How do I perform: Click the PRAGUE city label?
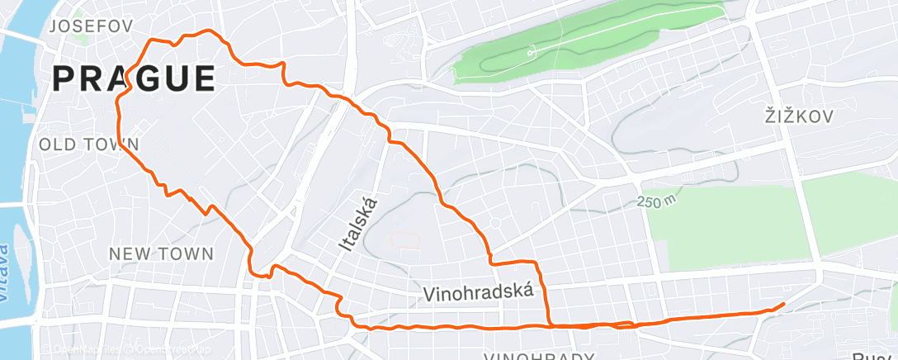click(x=134, y=78)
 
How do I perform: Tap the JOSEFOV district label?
click(x=92, y=26)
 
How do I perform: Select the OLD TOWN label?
click(x=88, y=144)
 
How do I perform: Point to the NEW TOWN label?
click(x=162, y=253)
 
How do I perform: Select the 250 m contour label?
click(x=656, y=201)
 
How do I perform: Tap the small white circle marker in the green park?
click(x=531, y=53)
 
